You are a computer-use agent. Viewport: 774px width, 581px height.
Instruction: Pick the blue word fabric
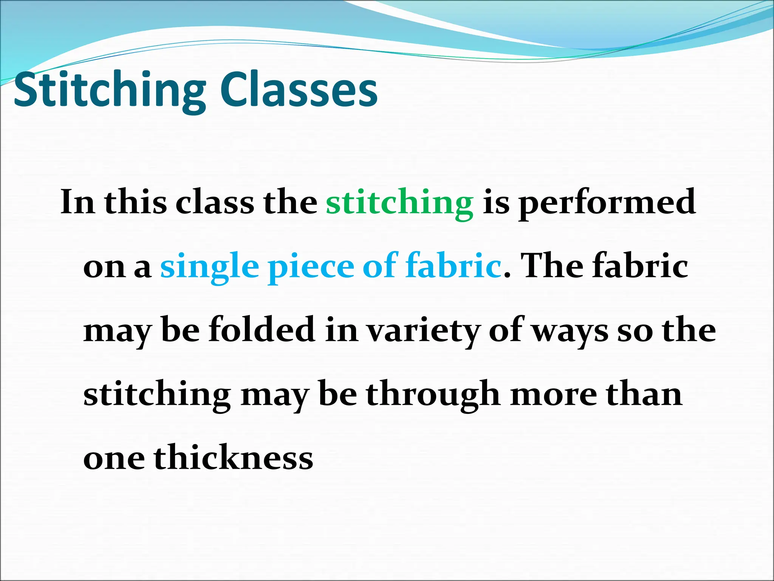point(454,266)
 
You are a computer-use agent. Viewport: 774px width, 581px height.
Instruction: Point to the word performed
point(607,203)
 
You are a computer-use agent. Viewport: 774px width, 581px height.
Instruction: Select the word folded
point(262,329)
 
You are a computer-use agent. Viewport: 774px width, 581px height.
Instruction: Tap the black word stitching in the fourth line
point(157,395)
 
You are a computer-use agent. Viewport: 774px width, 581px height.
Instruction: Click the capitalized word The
point(552,266)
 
